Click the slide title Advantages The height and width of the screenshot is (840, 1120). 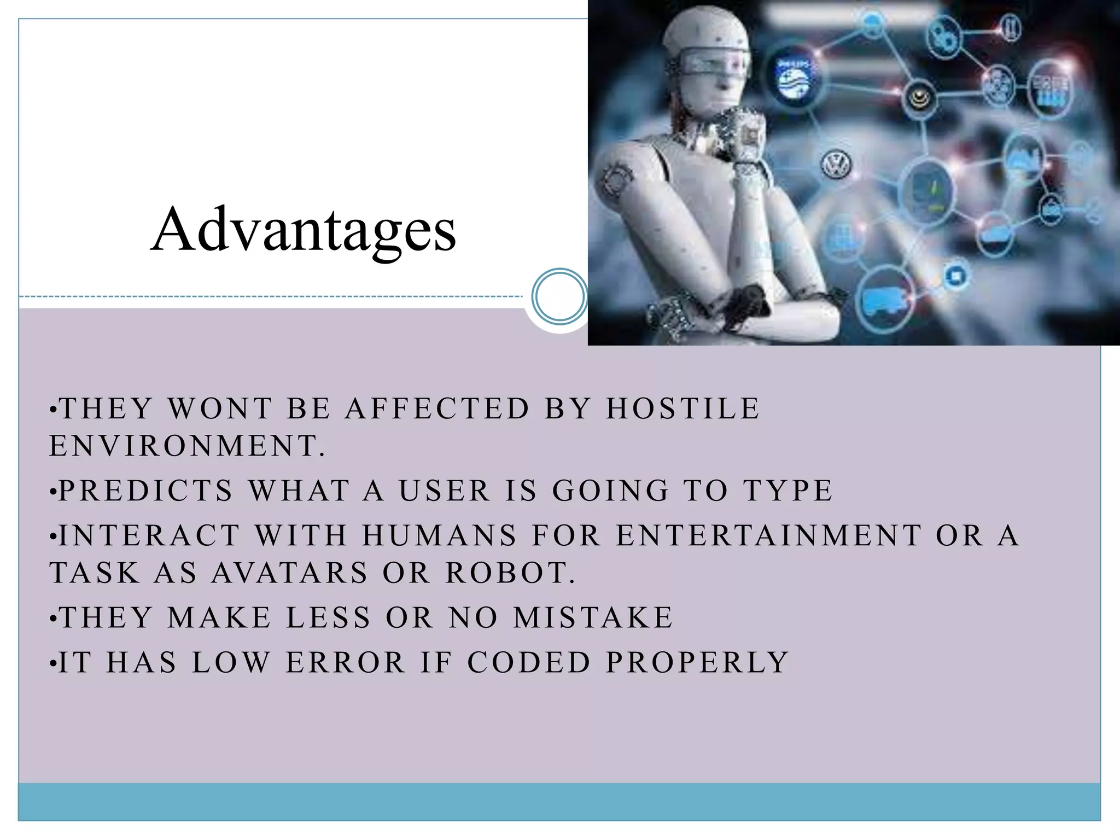(x=304, y=230)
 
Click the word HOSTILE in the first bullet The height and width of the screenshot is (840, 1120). (x=683, y=409)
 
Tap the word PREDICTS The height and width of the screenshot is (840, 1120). (x=146, y=490)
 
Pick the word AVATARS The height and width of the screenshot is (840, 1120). (x=290, y=573)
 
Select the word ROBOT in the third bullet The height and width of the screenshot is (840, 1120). (x=510, y=573)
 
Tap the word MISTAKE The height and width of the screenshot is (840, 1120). (x=593, y=618)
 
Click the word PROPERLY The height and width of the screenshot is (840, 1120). (x=697, y=663)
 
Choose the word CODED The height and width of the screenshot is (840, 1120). (x=529, y=663)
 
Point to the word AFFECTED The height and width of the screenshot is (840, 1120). (x=437, y=409)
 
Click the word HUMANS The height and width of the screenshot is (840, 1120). (x=439, y=535)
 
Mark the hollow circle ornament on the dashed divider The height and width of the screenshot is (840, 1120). (x=559, y=296)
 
